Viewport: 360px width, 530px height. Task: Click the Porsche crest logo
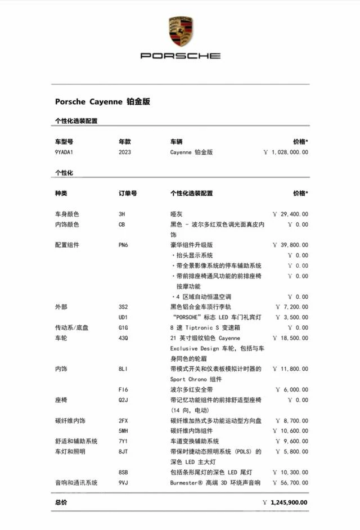181,32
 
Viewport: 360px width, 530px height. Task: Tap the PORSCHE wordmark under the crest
181,56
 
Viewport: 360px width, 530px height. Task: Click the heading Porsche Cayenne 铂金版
102,102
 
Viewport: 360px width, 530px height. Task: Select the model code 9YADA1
64,152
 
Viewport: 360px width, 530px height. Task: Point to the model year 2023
125,152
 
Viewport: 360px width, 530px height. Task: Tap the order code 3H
122,214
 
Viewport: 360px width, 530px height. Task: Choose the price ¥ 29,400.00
290,214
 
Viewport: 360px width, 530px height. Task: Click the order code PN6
124,245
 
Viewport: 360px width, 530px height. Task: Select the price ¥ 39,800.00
290,245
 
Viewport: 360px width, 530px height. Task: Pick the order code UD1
124,317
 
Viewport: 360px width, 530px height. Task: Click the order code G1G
124,327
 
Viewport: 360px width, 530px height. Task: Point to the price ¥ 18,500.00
290,338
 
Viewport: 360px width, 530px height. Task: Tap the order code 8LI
124,369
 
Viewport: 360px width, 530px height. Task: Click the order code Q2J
124,400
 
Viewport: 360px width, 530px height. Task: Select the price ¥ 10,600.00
291,431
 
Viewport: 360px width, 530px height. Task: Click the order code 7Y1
124,441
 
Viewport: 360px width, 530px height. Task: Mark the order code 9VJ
124,483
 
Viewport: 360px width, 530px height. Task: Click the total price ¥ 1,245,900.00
285,502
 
